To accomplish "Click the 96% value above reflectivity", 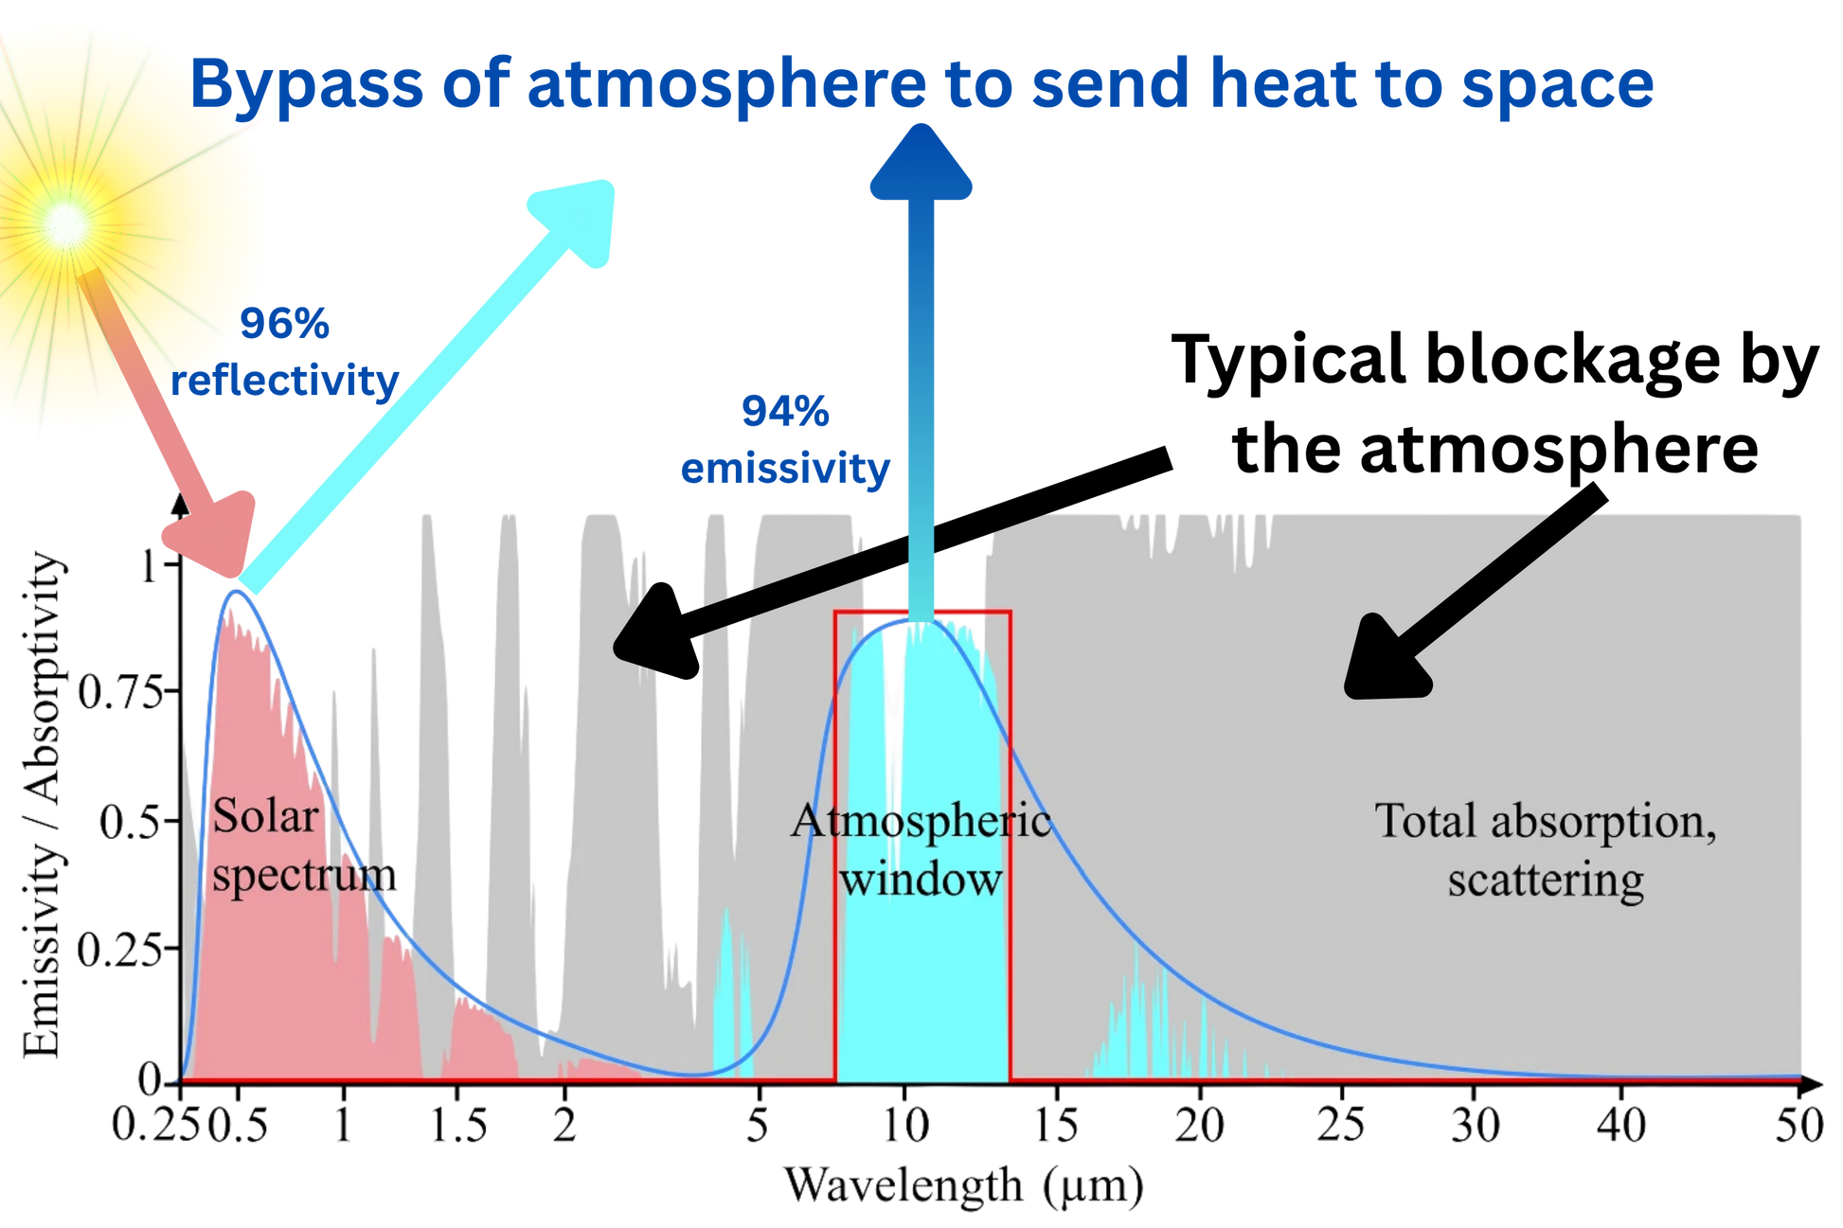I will point(285,324).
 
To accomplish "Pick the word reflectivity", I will point(287,382).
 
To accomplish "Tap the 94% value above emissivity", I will point(784,410).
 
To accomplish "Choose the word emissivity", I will point(785,469).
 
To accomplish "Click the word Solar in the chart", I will point(265,816).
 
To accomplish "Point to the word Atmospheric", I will point(921,821).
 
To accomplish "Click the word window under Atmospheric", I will point(921,880).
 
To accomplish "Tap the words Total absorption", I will point(1545,821).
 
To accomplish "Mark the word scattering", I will point(1545,880).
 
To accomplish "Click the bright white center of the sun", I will point(67,223).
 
